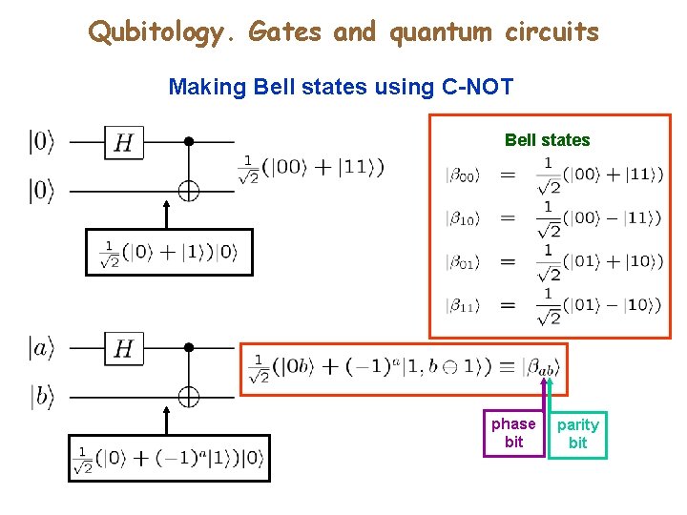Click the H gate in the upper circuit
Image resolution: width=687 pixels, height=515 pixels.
click(123, 143)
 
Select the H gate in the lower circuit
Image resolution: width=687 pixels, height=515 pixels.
click(123, 349)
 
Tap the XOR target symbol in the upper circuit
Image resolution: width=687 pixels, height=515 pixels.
click(189, 192)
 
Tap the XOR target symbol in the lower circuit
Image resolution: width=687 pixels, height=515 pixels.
click(189, 397)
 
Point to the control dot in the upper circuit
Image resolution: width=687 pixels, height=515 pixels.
click(189, 142)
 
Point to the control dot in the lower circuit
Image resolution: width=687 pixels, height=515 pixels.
click(189, 348)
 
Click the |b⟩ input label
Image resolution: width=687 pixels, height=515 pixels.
click(42, 398)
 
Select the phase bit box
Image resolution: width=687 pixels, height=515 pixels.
click(513, 432)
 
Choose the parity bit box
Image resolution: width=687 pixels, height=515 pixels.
click(577, 433)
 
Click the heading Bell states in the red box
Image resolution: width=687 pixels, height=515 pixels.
click(547, 140)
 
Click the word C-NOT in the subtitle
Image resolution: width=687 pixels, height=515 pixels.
click(477, 88)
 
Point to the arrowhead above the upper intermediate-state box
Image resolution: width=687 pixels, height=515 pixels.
click(168, 205)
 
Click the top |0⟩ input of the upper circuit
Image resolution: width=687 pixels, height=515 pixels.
click(42, 143)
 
